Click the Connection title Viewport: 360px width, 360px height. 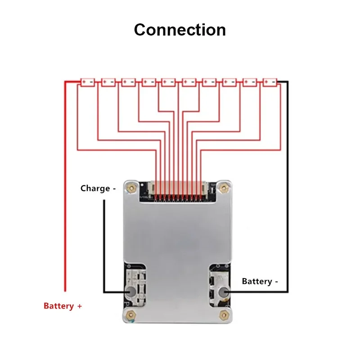coord(180,30)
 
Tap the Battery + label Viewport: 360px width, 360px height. coord(63,306)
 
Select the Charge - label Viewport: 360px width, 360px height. coord(98,189)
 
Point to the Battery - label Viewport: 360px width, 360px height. coord(260,281)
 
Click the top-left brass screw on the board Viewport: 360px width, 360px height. coord(131,188)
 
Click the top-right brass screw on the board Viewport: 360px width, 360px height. coord(223,188)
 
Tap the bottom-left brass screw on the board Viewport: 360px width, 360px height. coord(131,315)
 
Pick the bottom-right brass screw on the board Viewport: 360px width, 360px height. coord(223,315)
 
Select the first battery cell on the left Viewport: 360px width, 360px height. coord(88,82)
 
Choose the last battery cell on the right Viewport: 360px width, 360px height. coord(270,82)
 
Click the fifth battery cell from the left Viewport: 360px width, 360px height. coord(168,82)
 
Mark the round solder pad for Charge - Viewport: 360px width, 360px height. coord(130,292)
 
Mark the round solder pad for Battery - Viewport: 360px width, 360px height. coord(224,292)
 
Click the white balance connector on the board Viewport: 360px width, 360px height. coord(178,188)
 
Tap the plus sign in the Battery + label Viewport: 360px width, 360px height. coord(80,306)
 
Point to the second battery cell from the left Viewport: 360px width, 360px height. coord(108,82)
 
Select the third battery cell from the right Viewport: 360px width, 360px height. coord(229,82)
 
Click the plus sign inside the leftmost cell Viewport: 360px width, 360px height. coord(84,82)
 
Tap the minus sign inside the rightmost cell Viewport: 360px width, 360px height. coord(274,82)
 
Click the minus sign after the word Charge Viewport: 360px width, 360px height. coord(114,189)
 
